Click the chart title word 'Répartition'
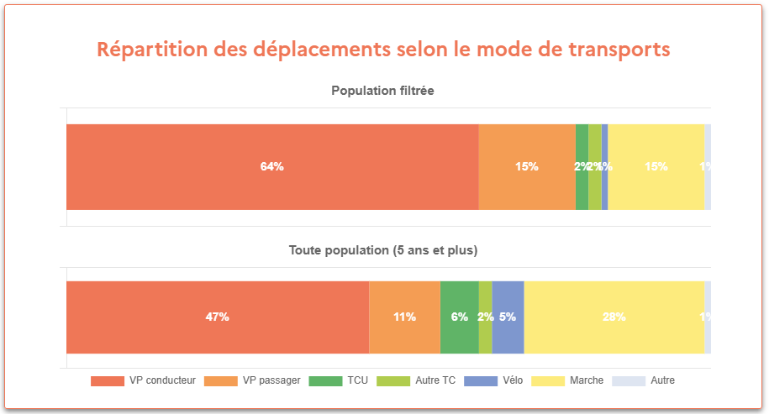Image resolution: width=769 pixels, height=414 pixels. click(150, 50)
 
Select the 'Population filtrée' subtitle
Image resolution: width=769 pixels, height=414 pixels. click(382, 90)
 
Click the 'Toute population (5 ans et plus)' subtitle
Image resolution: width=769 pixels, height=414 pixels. click(382, 250)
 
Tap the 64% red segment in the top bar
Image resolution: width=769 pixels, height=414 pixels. click(271, 167)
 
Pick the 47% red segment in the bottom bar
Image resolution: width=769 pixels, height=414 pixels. click(217, 317)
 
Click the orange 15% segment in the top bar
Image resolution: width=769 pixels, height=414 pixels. click(527, 167)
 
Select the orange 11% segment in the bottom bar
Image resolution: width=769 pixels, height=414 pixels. click(404, 317)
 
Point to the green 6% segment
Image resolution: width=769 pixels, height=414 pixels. click(459, 317)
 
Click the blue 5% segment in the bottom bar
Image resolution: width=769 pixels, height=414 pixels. click(508, 317)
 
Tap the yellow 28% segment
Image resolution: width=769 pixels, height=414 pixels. click(614, 317)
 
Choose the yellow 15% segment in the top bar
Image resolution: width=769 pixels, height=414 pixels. click(656, 167)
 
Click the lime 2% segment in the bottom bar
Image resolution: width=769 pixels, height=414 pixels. click(485, 317)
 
